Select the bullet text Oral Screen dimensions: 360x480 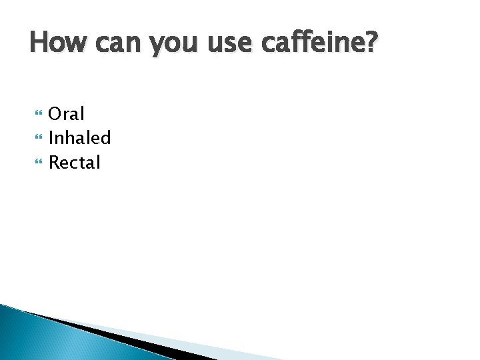pyautogui.click(x=67, y=114)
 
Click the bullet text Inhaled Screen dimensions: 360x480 pyautogui.click(x=79, y=138)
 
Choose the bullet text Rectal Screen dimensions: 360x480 pyautogui.click(x=74, y=162)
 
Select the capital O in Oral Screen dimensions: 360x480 pyautogui.click(x=56, y=115)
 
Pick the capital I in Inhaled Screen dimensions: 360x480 pyautogui.click(x=51, y=138)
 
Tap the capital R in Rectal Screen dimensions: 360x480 pyautogui.click(x=55, y=162)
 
